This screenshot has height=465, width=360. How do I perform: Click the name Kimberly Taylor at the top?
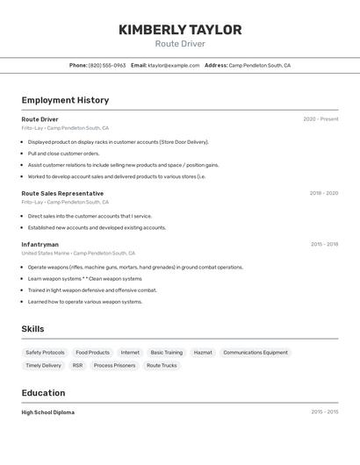(x=180, y=30)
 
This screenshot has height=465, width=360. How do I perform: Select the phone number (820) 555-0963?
(x=107, y=65)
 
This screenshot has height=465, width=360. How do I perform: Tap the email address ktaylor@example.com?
(x=173, y=65)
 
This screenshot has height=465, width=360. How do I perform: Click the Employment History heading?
(x=65, y=100)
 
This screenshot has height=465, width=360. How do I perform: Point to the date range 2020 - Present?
(x=320, y=119)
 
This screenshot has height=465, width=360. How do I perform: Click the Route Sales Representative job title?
(x=62, y=193)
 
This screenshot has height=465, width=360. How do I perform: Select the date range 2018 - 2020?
(x=323, y=193)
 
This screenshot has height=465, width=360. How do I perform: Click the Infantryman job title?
(x=40, y=245)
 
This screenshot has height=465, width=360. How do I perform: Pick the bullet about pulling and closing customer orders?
(x=63, y=154)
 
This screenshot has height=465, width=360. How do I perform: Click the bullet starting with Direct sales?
(x=90, y=216)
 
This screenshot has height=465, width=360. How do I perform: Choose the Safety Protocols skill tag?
(x=45, y=353)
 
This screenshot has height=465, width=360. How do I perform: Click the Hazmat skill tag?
(x=203, y=353)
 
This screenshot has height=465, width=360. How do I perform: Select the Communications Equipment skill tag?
(x=255, y=353)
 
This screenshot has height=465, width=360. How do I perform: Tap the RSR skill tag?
(x=77, y=365)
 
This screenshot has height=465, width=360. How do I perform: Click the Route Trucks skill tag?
(x=162, y=365)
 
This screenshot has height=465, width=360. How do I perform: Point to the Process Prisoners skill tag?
(x=114, y=365)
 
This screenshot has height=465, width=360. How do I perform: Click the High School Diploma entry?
(x=48, y=412)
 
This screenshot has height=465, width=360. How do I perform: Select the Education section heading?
(x=43, y=393)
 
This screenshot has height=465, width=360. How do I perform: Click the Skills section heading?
(x=32, y=329)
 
